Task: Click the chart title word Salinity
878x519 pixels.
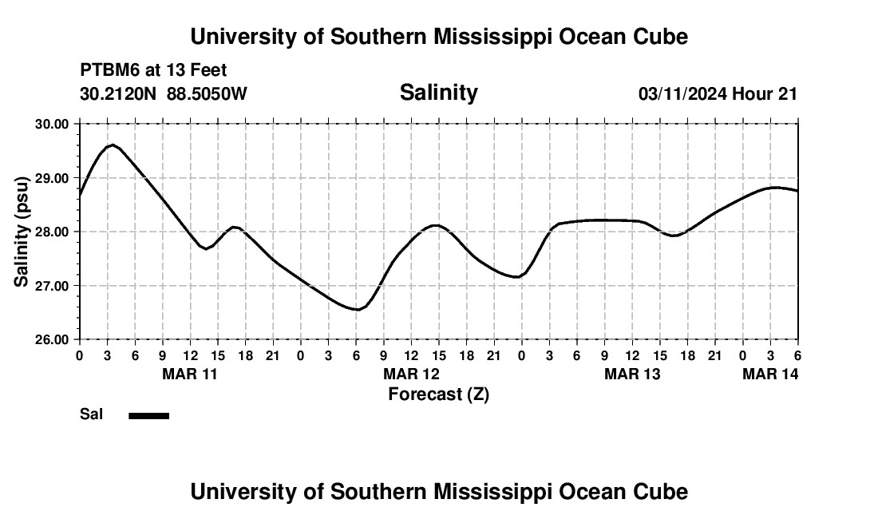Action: pyautogui.click(x=438, y=93)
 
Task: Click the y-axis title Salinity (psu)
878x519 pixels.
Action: pyautogui.click(x=22, y=232)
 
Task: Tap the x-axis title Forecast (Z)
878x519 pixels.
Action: pyautogui.click(x=438, y=394)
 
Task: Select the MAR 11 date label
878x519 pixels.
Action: pyautogui.click(x=191, y=374)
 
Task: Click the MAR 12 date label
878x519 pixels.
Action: pyautogui.click(x=411, y=374)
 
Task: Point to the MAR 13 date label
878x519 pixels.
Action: pyautogui.click(x=632, y=374)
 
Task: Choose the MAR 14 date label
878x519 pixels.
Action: pyautogui.click(x=770, y=374)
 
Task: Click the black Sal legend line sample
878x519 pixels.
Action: pyautogui.click(x=148, y=415)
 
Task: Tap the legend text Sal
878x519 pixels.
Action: pyautogui.click(x=90, y=414)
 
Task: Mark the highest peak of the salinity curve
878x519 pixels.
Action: pyautogui.click(x=113, y=145)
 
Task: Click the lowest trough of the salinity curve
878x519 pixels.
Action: pyautogui.click(x=357, y=309)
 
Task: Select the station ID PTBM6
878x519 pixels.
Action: pyautogui.click(x=108, y=70)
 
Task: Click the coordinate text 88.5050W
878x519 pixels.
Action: pyautogui.click(x=207, y=93)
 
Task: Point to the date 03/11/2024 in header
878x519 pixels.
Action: pyautogui.click(x=682, y=93)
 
